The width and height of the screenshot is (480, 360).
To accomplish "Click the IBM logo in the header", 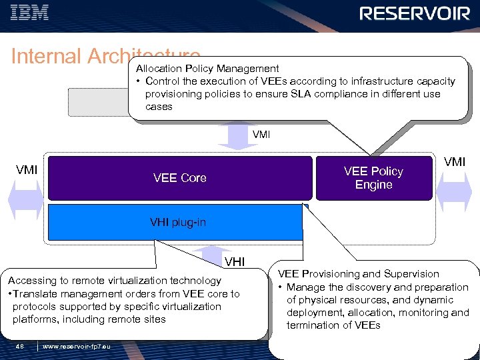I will tap(30, 13).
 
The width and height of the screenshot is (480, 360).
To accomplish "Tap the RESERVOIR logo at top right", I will tap(415, 13).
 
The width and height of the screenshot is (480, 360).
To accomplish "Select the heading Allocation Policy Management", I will tap(207, 69).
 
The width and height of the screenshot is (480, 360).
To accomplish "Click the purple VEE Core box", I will tap(180, 178).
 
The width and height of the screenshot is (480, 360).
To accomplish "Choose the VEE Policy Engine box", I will tap(373, 178).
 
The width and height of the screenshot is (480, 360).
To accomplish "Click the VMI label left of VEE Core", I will tap(27, 170).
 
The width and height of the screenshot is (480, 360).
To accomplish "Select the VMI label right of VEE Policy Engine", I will tap(455, 162).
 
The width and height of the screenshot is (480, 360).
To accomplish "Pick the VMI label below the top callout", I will tap(261, 135).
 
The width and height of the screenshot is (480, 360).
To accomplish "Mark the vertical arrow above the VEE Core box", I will tap(232, 135).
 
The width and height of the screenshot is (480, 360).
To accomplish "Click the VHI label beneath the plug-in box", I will tap(235, 261).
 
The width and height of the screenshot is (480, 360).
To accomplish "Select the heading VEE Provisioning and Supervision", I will tap(358, 274).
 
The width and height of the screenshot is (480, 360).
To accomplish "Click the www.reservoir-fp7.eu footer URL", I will tap(77, 345).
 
